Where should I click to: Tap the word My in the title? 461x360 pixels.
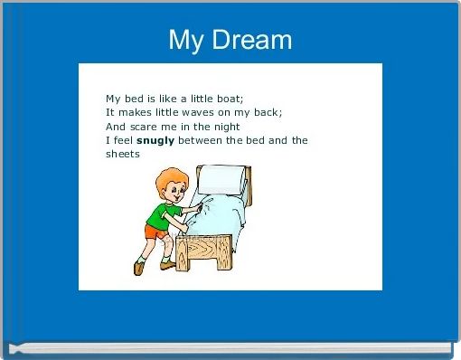pos(187,41)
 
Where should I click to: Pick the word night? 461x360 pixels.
pos(221,127)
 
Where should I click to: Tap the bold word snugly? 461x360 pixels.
pos(155,140)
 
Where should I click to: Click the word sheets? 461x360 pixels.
pos(123,155)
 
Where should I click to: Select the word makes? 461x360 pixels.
pos(136,112)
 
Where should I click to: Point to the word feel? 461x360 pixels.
pos(122,140)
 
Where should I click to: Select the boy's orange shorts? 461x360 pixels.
pos(154,232)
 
